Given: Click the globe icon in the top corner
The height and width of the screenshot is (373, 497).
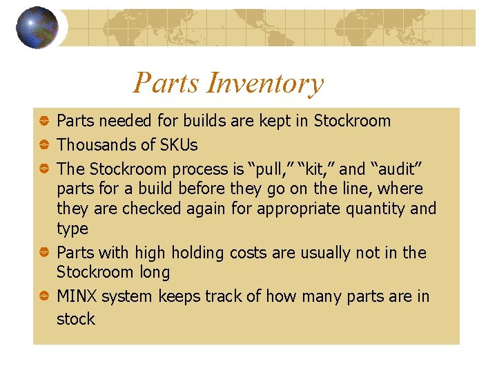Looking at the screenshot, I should pyautogui.click(x=37, y=27).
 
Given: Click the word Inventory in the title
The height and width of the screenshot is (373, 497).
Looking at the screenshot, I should pyautogui.click(x=265, y=84).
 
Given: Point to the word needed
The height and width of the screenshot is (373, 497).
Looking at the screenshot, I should pyautogui.click(x=128, y=121).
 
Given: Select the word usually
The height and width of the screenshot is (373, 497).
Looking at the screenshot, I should pyautogui.click(x=312, y=253).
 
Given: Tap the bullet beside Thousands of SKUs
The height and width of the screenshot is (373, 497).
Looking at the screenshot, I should pyautogui.click(x=43, y=146).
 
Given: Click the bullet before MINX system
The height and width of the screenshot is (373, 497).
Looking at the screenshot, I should pyautogui.click(x=43, y=297).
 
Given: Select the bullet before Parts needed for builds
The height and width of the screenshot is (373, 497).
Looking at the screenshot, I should pyautogui.click(x=43, y=122).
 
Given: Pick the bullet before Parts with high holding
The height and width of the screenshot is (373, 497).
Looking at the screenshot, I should pyautogui.click(x=43, y=254).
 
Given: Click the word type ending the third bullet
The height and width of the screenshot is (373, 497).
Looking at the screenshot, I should pyautogui.click(x=72, y=229).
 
